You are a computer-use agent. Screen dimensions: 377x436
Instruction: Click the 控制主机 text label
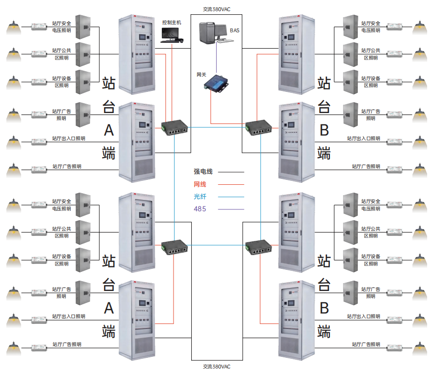[x=172, y=22]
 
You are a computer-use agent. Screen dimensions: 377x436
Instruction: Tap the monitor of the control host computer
[x=171, y=33]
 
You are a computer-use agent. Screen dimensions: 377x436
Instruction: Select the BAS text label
[x=235, y=30]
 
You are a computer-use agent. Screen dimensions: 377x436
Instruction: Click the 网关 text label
[x=202, y=75]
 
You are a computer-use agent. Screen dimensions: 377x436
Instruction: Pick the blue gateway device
[x=216, y=83]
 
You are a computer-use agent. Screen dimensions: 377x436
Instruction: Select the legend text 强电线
[x=203, y=172]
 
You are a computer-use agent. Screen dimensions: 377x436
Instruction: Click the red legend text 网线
[x=200, y=184]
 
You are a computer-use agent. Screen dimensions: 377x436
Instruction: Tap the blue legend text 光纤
[x=200, y=197]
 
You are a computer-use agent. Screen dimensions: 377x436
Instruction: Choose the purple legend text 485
[x=200, y=209]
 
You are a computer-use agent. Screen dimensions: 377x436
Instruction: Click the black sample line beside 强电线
[x=231, y=173]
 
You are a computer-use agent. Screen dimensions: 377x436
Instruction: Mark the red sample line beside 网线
[x=231, y=185]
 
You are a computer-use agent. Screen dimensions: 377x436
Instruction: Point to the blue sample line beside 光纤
[x=231, y=197]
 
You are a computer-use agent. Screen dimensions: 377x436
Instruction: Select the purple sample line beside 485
[x=231, y=209]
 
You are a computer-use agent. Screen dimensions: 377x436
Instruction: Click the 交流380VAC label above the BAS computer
[x=216, y=9]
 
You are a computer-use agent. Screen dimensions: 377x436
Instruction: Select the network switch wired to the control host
[x=175, y=127]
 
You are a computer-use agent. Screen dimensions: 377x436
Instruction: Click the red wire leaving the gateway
[x=211, y=108]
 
